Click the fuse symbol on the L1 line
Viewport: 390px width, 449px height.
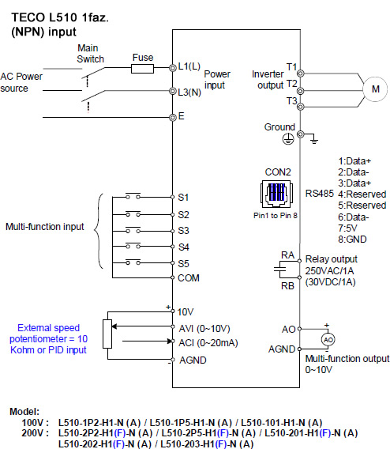[142, 69]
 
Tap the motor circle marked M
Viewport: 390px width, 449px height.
[375, 89]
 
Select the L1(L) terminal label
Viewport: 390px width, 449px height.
[189, 66]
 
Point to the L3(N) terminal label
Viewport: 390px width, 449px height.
[189, 92]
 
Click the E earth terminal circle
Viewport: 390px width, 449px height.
[172, 118]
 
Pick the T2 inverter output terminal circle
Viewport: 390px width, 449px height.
[300, 91]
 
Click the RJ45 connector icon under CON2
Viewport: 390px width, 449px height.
[276, 194]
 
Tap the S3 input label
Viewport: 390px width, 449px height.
[183, 231]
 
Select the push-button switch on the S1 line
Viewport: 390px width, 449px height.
[133, 196]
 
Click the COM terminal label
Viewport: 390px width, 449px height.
[189, 278]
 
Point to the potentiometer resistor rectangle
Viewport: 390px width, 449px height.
[107, 334]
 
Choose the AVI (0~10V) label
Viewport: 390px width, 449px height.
[204, 328]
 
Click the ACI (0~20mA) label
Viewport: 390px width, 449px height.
[208, 343]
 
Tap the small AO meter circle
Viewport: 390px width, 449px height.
[328, 340]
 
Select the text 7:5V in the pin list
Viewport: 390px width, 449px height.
[347, 228]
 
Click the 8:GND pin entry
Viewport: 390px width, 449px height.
[352, 239]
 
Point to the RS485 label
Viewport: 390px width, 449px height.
[320, 194]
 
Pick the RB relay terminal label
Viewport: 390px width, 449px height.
[287, 286]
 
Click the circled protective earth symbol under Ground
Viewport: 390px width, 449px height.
[288, 139]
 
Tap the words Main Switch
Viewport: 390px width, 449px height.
[90, 54]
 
